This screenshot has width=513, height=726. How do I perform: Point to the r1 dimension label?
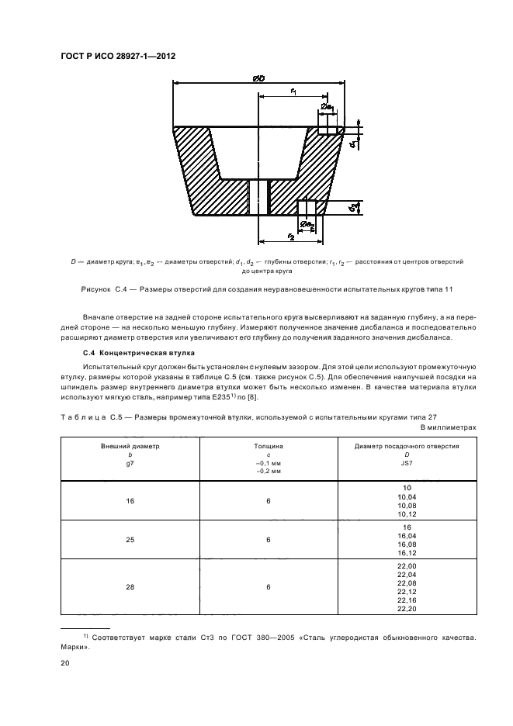295,92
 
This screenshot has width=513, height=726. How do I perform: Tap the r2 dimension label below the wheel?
290,235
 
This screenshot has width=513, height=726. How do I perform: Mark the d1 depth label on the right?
352,144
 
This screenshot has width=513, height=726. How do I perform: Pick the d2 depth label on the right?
353,207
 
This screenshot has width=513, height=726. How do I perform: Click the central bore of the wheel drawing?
257,197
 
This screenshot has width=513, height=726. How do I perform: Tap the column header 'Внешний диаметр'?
130,447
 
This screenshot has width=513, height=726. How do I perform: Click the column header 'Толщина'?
269,447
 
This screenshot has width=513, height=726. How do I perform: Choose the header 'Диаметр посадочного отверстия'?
407,447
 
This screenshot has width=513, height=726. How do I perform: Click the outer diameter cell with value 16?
130,500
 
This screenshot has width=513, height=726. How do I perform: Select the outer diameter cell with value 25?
130,540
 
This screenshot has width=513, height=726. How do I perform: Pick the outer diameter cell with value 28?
130,587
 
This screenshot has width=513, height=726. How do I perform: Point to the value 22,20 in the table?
407,609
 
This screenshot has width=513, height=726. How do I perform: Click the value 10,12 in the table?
407,513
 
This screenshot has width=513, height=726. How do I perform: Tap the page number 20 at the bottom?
65,663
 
